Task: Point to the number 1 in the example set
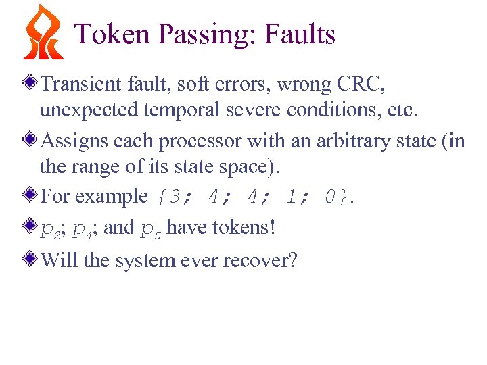[291, 197]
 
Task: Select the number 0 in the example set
[330, 197]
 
